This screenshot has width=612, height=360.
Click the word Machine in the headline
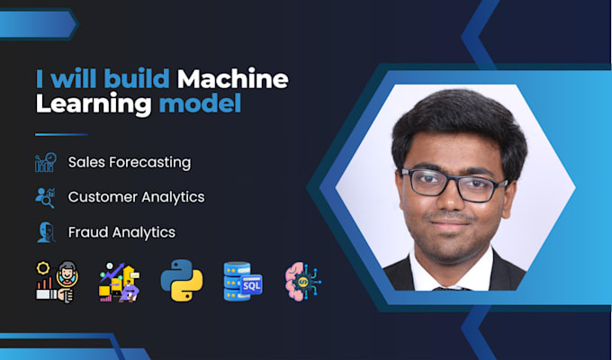click(233, 78)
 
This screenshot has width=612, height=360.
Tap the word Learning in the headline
click(94, 104)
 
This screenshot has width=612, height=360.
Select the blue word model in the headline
click(200, 103)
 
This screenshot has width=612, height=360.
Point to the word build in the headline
click(137, 78)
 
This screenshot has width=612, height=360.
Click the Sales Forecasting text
click(130, 162)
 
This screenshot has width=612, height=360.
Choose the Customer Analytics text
click(136, 197)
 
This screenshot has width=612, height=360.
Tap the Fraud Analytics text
click(121, 232)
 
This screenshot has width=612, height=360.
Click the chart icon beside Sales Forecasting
click(46, 162)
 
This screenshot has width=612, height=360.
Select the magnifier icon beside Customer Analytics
click(45, 198)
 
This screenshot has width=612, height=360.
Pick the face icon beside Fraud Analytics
click(46, 232)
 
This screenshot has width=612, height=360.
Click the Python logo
click(182, 280)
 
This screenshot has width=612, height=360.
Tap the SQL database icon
click(243, 281)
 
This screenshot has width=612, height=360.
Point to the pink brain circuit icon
click(303, 281)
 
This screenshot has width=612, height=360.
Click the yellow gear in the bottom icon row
click(42, 268)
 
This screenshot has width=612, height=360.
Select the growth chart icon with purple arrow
click(119, 282)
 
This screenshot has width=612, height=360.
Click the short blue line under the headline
click(61, 135)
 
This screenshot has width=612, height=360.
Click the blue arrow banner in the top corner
click(38, 24)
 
